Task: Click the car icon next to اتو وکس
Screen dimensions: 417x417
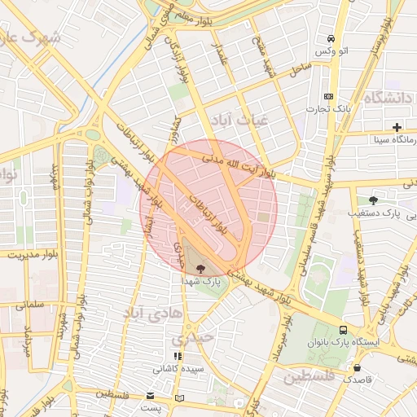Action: click(331, 39)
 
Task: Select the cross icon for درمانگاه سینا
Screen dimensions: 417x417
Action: click(397, 127)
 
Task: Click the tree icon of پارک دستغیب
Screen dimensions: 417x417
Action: click(373, 200)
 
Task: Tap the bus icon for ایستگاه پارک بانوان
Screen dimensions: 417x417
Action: click(344, 331)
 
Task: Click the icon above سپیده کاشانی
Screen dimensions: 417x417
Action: click(177, 356)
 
